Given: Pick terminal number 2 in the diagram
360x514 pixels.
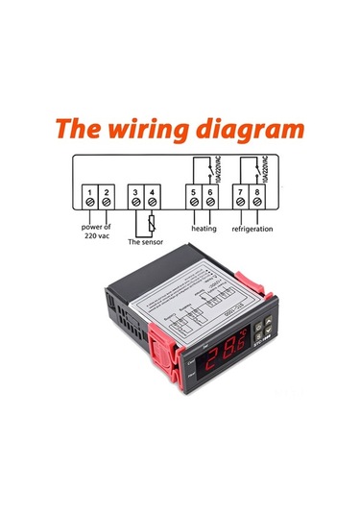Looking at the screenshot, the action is click(107, 203).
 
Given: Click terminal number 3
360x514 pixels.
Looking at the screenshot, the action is click(136, 203).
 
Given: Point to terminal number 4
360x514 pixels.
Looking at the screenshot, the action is click(155, 203).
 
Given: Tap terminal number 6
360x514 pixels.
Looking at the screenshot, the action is click(209, 203).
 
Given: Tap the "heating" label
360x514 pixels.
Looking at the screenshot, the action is click(204, 230).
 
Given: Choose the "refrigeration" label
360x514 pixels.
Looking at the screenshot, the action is click(253, 230).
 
